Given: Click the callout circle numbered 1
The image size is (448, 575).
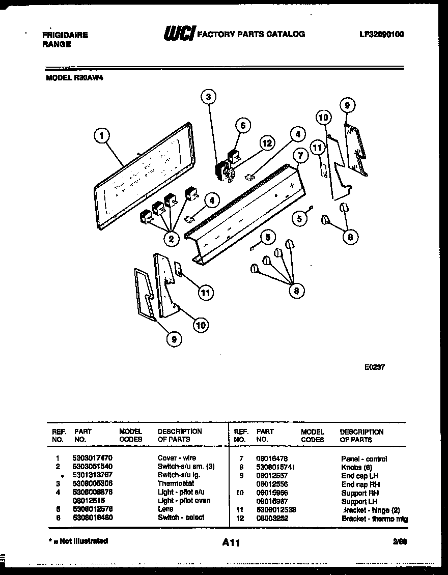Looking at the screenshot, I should (x=102, y=135).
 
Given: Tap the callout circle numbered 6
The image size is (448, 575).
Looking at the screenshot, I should (x=243, y=126).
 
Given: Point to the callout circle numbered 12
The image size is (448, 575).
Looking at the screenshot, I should (x=266, y=143).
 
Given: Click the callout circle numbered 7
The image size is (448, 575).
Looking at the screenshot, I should (x=300, y=155).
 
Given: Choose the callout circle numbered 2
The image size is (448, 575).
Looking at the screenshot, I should (x=172, y=238).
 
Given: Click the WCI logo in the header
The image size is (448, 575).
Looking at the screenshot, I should (x=179, y=34).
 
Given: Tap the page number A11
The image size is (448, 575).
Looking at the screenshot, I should (x=231, y=542).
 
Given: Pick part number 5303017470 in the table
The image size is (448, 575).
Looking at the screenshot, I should (x=92, y=458).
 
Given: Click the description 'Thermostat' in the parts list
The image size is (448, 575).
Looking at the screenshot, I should (x=176, y=483).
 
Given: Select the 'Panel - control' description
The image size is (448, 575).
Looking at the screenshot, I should (x=364, y=458).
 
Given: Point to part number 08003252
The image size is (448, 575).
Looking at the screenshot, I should (x=272, y=519).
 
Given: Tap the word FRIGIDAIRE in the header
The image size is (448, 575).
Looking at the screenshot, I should (x=64, y=35).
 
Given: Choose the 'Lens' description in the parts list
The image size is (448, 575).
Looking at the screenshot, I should (x=165, y=509).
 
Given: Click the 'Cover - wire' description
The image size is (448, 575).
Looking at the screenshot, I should (x=176, y=458).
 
